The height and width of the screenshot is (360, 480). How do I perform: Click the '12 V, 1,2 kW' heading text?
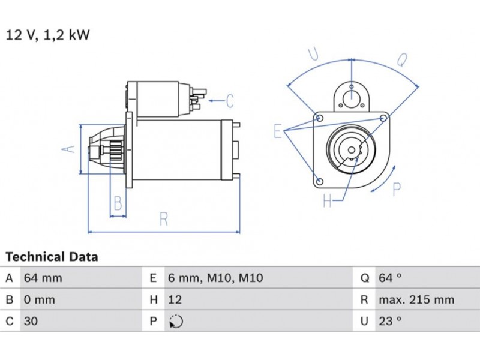(47, 35)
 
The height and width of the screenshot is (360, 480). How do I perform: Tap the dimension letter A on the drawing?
(70, 148)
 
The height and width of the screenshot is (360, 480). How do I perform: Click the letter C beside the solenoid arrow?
(230, 101)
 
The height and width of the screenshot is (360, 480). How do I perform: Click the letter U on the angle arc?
(314, 55)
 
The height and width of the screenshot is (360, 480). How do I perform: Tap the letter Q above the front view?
(403, 59)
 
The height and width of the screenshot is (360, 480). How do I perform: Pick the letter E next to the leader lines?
(278, 131)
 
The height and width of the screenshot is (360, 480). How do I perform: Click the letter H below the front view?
(328, 201)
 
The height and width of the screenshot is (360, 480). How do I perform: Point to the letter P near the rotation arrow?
(396, 190)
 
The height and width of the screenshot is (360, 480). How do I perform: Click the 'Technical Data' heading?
(52, 257)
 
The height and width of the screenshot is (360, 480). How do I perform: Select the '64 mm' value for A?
(43, 278)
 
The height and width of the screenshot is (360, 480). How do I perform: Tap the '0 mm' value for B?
(39, 299)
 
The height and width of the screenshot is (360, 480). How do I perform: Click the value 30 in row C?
(30, 321)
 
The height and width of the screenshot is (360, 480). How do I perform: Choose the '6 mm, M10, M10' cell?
(206, 278)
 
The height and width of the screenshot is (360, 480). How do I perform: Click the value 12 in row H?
(175, 299)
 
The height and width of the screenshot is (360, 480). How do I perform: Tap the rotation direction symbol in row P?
(175, 322)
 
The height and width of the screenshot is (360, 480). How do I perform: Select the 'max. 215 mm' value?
(416, 299)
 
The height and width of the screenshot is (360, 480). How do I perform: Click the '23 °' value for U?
(389, 321)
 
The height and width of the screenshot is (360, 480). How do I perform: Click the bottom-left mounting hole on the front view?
(319, 181)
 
